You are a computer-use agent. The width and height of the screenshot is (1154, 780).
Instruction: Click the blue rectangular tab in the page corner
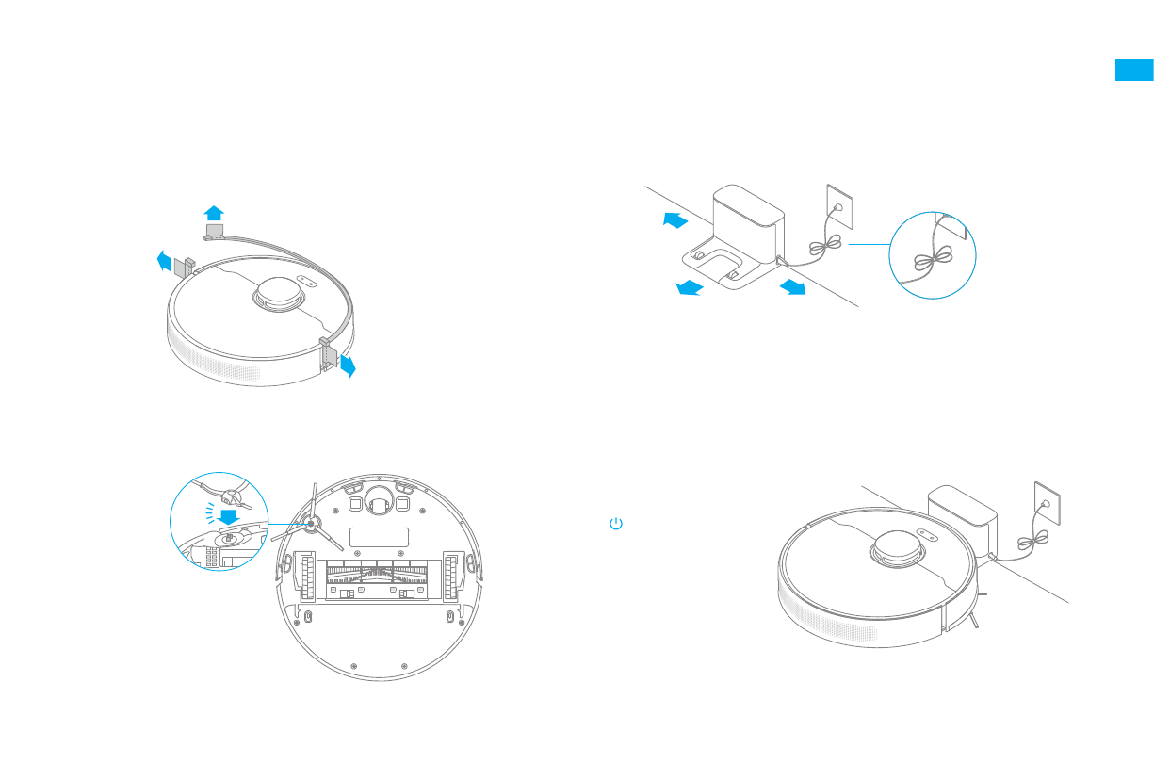tap(1134, 71)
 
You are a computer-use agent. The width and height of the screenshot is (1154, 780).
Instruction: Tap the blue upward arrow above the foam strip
tap(215, 212)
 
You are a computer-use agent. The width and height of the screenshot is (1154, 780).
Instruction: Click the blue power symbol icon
tap(616, 523)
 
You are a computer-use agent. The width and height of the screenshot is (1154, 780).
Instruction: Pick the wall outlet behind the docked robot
tap(1046, 500)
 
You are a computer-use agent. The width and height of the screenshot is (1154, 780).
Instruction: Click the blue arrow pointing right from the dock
tap(793, 285)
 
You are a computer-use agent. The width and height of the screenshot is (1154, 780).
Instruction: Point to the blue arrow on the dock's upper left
tap(675, 220)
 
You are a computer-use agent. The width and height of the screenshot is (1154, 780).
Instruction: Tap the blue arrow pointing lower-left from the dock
tap(690, 287)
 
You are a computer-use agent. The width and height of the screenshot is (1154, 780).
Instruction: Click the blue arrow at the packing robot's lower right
tap(348, 366)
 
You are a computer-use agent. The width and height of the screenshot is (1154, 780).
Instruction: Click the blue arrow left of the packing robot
tap(165, 259)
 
